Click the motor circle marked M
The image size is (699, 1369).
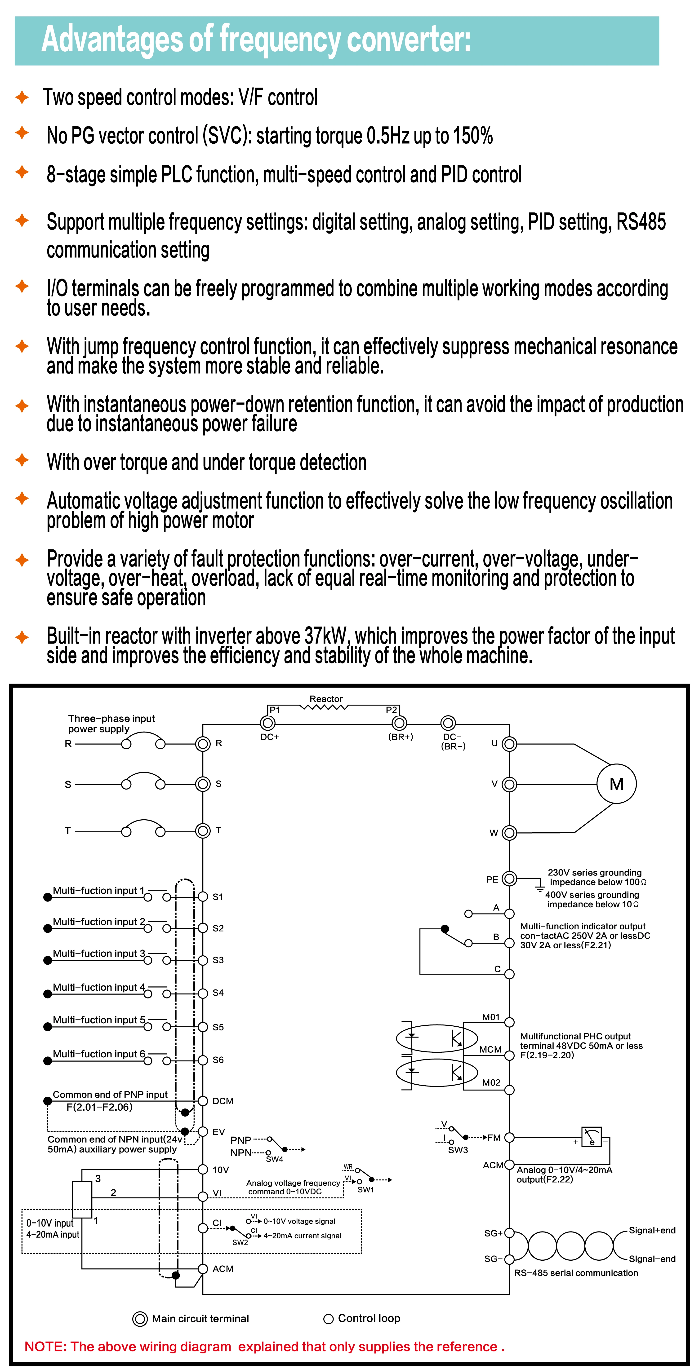click(616, 784)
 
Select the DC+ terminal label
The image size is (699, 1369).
click(270, 737)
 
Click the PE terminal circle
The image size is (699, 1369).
click(509, 879)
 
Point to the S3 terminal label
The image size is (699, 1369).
click(218, 960)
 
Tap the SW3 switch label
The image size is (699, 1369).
click(458, 1150)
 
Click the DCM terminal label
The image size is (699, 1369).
click(223, 1101)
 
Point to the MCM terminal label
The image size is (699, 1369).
click(490, 1050)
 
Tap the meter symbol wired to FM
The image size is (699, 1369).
click(592, 1136)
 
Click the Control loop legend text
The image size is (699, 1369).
click(369, 1319)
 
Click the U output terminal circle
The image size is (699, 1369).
click(509, 744)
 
